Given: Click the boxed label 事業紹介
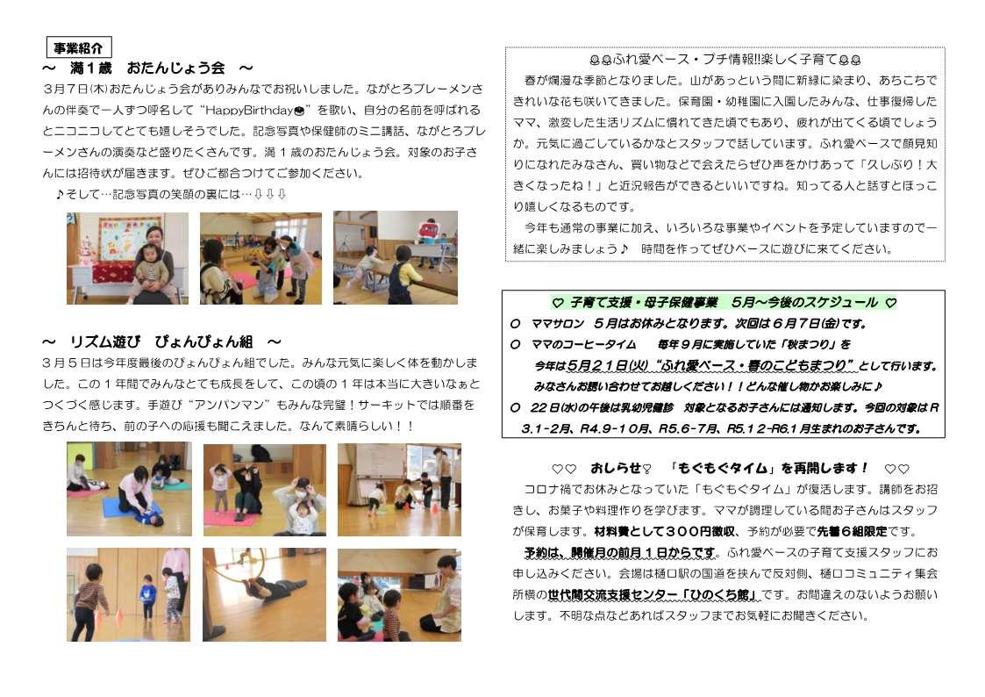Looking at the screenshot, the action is (79, 47).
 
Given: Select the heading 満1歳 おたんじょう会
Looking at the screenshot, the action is (147, 68).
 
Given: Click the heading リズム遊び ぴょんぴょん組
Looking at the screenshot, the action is (161, 341).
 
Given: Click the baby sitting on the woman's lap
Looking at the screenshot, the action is (147, 266).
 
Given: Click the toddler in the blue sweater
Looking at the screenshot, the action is (147, 596).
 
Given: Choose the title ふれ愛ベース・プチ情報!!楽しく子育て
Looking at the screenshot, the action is (724, 61).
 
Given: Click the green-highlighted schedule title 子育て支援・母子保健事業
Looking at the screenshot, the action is (643, 303).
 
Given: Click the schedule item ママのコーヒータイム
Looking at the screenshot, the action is (583, 344).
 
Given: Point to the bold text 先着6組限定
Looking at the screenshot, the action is (853, 532).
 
